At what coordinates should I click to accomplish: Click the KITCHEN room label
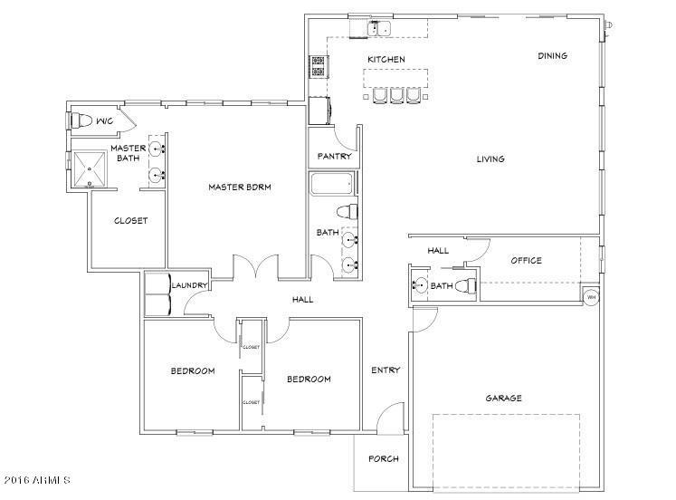[386, 59]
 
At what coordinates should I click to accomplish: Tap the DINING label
[552, 55]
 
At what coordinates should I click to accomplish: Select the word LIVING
[490, 159]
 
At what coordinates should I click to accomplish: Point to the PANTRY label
[335, 156]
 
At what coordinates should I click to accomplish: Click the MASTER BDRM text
[240, 187]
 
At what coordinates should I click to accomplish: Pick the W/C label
[105, 121]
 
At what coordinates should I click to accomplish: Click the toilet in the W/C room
[81, 120]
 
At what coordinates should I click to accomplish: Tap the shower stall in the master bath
[90, 169]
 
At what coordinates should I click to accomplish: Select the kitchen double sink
[379, 28]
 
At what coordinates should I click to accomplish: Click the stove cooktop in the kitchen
[319, 66]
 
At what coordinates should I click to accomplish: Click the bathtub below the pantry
[332, 184]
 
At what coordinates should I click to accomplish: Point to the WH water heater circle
[591, 297]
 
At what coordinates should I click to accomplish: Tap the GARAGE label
[503, 398]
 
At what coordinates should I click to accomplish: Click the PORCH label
[384, 459]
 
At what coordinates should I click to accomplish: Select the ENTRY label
[386, 370]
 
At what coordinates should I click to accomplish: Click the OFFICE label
[527, 261]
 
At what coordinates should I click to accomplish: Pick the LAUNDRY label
[190, 285]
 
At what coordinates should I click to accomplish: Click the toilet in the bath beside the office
[466, 285]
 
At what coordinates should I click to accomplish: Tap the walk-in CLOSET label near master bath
[130, 221]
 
